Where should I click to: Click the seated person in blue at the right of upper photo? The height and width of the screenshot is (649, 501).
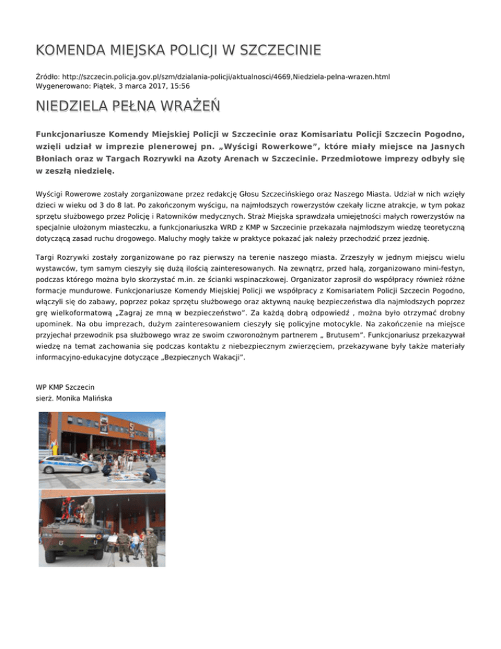pos(149,471)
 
